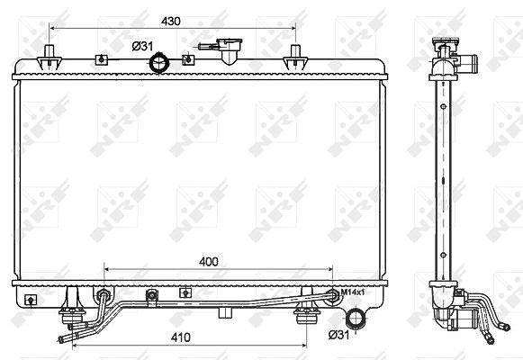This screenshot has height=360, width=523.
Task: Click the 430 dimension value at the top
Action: pyautogui.click(x=171, y=21)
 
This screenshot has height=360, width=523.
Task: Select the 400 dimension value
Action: pyautogui.click(x=209, y=262)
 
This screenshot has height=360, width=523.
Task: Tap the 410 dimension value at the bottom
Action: pyautogui.click(x=181, y=337)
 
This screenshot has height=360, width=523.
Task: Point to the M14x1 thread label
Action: pyautogui.click(x=352, y=292)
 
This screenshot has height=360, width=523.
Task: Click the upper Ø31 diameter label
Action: pyautogui.click(x=142, y=46)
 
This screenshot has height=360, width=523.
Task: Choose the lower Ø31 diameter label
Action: pyautogui.click(x=338, y=334)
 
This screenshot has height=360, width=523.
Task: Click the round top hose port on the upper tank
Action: pyautogui.click(x=159, y=63)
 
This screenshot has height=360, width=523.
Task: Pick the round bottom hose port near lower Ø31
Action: pyautogui.click(x=356, y=318)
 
